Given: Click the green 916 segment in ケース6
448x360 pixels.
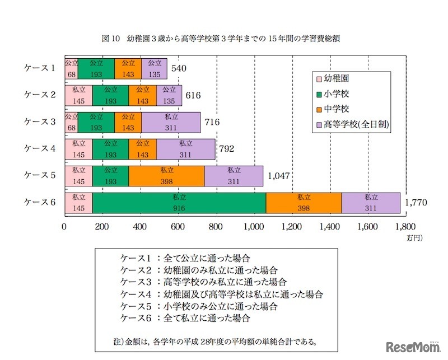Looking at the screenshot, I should pyautogui.click(x=179, y=202).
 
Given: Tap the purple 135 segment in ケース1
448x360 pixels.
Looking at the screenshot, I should pyautogui.click(x=155, y=68).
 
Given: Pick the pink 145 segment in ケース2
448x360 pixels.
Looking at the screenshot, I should pyautogui.click(x=78, y=95).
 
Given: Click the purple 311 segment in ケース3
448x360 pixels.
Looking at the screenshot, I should pyautogui.click(x=171, y=121).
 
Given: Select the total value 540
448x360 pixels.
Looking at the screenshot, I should pyautogui.click(x=178, y=68).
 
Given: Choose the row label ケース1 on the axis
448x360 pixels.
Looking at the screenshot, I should pyautogui.click(x=39, y=68).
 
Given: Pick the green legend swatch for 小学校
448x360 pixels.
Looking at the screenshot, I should pyautogui.click(x=320, y=95).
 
